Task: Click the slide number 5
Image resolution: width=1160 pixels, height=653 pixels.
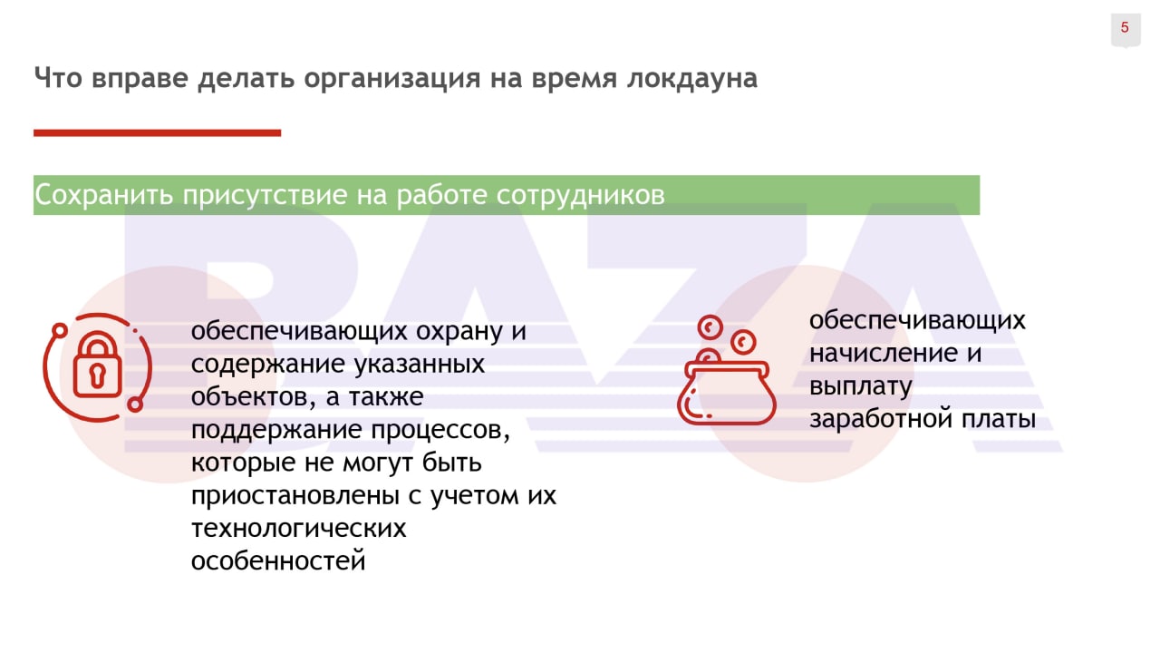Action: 1125,27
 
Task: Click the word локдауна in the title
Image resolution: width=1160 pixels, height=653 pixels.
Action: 692,78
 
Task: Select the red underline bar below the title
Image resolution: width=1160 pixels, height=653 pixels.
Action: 158,133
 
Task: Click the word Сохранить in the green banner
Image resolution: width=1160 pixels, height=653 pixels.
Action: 103,195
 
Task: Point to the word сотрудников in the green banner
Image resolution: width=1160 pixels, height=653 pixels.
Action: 581,196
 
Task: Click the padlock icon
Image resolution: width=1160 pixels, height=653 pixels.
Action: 97,367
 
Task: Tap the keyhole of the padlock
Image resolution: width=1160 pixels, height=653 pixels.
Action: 97,375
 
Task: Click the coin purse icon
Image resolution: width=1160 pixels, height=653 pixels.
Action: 727,370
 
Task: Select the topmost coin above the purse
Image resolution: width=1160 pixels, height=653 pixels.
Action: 710,327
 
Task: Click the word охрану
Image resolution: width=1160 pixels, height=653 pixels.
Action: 459,332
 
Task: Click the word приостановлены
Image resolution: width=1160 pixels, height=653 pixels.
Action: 295,496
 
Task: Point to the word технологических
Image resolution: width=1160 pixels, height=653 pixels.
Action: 299,529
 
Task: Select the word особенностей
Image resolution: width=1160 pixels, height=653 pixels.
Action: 278,561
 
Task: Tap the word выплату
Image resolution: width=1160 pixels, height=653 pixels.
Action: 861,387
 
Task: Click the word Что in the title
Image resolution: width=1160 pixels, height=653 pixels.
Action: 58,78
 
